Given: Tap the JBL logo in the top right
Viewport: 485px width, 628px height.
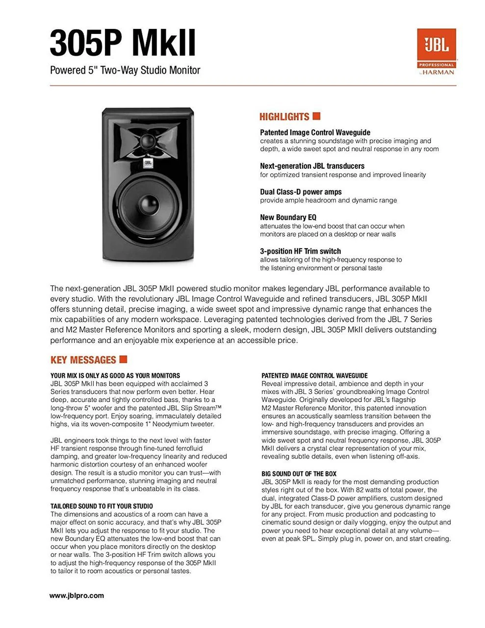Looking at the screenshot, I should pos(436,45).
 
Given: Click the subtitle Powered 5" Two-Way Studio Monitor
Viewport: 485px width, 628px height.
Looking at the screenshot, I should pos(125,70).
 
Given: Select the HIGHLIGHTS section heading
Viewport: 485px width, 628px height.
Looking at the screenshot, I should pos(284,117).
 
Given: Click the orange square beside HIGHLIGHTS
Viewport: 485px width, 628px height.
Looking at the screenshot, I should pos(316,116).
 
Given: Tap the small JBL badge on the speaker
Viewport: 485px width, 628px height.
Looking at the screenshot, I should pos(147,164).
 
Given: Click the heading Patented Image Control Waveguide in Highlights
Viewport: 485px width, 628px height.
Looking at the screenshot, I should pos(315,132).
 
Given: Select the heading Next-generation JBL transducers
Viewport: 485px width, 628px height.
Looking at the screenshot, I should pos(312,166).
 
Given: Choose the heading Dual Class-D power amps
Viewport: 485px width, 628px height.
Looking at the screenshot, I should pos(301,192).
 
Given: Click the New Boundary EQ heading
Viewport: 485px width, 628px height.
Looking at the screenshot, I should pos(288,217).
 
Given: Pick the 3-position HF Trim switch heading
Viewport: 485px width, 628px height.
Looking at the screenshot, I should pos(300,251).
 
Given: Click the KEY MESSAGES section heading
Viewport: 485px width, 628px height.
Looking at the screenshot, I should pos(83,360).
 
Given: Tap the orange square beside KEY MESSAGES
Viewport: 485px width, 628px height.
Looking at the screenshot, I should pos(123,359).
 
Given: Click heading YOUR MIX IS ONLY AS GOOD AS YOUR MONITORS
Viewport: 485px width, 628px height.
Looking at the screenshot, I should pos(115,376).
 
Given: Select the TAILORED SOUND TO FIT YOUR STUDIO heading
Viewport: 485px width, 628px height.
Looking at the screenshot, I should pos(102,506).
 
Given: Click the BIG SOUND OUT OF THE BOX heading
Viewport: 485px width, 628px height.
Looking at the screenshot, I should pos(299,474).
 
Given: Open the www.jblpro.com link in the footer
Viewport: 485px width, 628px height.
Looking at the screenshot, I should pos(77,596).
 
